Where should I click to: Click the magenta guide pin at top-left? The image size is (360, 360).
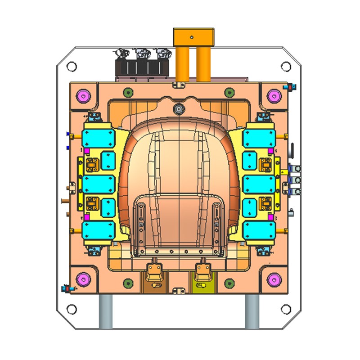click(83, 96)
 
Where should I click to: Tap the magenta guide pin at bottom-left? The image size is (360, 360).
click(83, 279)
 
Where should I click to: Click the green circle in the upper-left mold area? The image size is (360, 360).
click(129, 93)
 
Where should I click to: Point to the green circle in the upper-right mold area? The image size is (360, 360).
click(230, 93)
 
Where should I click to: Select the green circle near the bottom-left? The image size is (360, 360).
click(129, 283)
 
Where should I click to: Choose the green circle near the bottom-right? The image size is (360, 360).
click(230, 283)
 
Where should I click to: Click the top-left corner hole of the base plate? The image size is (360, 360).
click(72, 66)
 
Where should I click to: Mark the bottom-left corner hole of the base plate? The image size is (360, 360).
click(72, 309)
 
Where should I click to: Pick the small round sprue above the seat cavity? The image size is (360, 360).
click(179, 108)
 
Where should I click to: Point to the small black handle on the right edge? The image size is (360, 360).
click(292, 149)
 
